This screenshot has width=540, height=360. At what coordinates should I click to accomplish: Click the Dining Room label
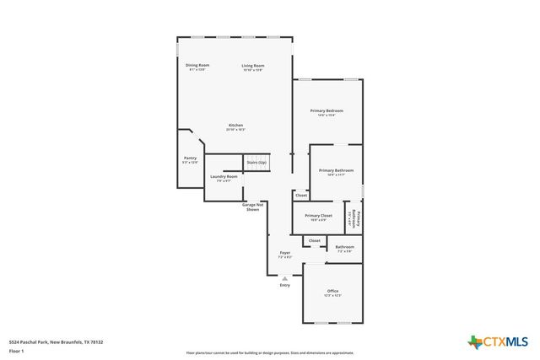[198, 67]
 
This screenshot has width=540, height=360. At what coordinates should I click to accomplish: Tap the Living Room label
[253, 67]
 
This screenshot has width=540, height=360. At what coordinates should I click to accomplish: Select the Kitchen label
[235, 127]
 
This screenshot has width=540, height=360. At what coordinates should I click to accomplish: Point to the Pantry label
[190, 159]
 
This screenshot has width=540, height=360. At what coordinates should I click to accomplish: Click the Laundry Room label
[224, 178]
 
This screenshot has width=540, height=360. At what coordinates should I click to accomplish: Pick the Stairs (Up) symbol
[256, 162]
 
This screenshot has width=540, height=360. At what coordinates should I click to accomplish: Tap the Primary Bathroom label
[336, 172]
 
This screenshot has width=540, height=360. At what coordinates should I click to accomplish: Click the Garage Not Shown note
[253, 207]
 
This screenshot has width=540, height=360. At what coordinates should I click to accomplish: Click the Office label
[332, 293]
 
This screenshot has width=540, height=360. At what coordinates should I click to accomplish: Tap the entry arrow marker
[285, 278]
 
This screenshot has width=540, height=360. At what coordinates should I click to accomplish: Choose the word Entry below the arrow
[285, 285]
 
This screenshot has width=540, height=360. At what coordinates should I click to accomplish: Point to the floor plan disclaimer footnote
[270, 353]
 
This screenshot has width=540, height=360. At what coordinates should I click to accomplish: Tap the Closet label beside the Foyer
[314, 240]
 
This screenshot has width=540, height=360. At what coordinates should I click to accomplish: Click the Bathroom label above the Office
[345, 249]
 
